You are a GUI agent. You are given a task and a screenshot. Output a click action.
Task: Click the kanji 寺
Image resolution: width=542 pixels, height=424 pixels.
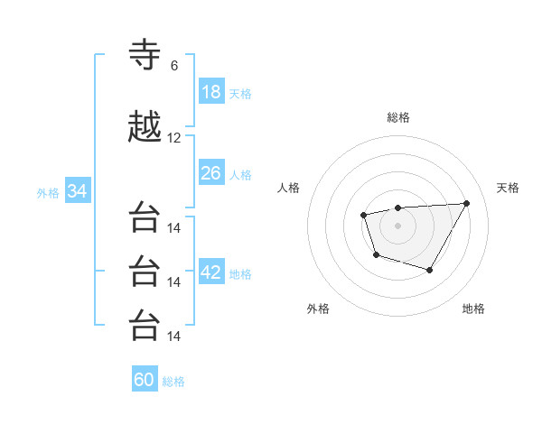[145, 55]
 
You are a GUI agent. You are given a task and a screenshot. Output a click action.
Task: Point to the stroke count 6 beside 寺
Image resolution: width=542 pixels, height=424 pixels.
[174, 66]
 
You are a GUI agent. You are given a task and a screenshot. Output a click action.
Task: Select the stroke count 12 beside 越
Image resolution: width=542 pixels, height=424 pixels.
[174, 138]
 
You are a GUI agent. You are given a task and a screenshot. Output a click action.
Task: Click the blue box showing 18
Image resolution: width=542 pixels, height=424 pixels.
[211, 92]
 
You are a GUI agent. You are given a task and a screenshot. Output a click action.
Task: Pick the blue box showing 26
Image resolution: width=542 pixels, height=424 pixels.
[211, 172]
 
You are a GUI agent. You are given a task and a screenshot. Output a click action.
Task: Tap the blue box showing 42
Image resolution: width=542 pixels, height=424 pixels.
[211, 273]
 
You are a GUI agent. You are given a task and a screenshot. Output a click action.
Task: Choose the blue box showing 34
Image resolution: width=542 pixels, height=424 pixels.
[77, 191]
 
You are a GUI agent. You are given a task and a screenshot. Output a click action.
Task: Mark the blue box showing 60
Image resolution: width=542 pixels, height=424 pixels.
[145, 380]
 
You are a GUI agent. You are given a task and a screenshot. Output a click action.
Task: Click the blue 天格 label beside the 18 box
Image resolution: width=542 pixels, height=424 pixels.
[240, 93]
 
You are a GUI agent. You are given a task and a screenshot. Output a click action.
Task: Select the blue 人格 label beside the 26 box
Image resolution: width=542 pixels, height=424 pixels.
[240, 173]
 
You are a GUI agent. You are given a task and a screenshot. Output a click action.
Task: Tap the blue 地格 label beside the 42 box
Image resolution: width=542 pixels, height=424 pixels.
[240, 274]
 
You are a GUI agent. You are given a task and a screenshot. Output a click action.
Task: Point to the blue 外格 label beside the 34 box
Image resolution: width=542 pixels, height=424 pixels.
[48, 192]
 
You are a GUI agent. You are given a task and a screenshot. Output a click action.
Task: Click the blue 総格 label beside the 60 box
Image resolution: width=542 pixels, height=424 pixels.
[173, 382]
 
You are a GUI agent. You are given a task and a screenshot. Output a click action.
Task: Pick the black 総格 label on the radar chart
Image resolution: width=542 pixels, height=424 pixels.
[398, 117]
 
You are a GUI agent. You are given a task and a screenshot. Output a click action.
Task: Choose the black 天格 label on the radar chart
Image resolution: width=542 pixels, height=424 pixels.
[509, 188]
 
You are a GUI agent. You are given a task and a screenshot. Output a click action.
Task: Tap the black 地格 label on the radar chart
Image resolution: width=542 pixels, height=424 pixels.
[473, 309]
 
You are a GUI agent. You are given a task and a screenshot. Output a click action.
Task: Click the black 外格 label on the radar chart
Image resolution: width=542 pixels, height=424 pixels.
[318, 309]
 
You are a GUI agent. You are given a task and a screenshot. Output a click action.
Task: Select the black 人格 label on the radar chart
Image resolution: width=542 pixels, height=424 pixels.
[289, 188]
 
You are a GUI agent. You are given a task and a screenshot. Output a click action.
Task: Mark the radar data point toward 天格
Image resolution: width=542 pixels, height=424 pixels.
[466, 203]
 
